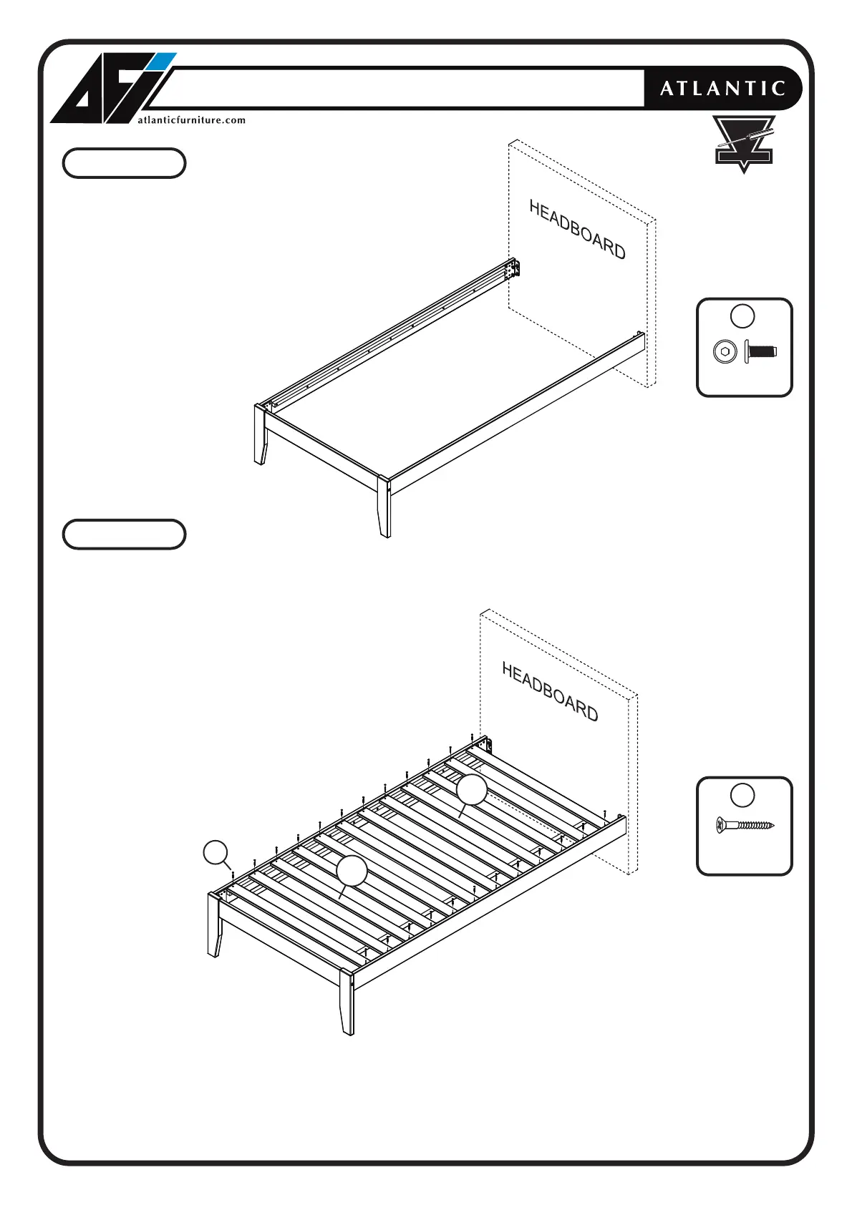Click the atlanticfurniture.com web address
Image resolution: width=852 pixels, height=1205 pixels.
(191, 120)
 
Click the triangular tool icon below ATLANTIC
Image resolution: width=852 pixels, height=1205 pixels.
(744, 143)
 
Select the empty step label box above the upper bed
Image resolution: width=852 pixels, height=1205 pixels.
(124, 163)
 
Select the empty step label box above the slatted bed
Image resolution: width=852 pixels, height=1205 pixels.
(124, 535)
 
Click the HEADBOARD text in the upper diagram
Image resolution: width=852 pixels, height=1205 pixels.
(577, 229)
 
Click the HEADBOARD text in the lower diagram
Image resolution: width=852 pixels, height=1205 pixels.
(550, 691)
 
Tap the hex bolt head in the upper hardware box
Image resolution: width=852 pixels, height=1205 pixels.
(725, 351)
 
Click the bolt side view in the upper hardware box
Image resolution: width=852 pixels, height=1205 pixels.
(760, 351)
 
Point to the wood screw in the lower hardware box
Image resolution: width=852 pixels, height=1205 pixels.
(745, 825)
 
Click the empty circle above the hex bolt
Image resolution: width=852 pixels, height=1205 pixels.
(742, 316)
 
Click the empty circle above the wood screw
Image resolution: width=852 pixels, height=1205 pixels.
(742, 795)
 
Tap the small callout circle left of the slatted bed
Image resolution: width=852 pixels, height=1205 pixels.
(216, 852)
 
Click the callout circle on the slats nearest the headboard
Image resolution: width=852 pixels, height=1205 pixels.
(472, 789)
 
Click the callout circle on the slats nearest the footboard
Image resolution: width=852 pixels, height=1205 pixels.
(352, 870)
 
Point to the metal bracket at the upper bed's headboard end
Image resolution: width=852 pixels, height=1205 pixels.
(513, 269)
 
